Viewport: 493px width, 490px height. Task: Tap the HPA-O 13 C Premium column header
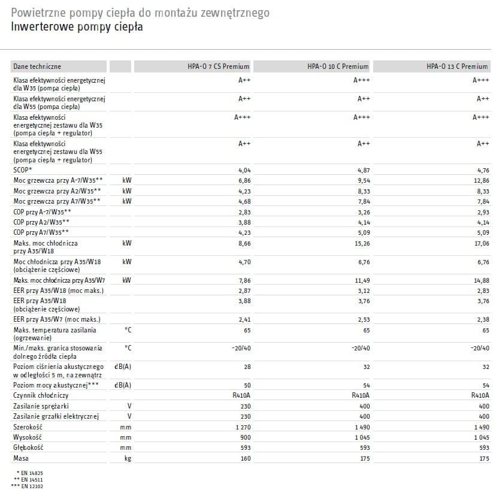pyautogui.click(x=457, y=66)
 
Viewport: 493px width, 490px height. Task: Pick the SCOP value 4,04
pyautogui.click(x=244, y=170)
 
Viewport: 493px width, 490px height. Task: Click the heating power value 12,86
pyautogui.click(x=482, y=180)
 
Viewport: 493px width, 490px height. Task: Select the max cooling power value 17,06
pyautogui.click(x=482, y=244)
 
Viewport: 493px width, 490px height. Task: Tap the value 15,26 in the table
pyautogui.click(x=362, y=244)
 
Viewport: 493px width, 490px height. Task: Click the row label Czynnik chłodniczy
pyautogui.click(x=41, y=395)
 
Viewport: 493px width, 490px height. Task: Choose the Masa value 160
pyautogui.click(x=246, y=459)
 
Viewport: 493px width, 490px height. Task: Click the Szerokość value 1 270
pyautogui.click(x=243, y=427)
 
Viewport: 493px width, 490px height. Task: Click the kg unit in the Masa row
pyautogui.click(x=127, y=459)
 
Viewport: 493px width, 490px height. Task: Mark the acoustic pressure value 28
pyautogui.click(x=247, y=366)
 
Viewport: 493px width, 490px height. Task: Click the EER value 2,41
pyautogui.click(x=244, y=319)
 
